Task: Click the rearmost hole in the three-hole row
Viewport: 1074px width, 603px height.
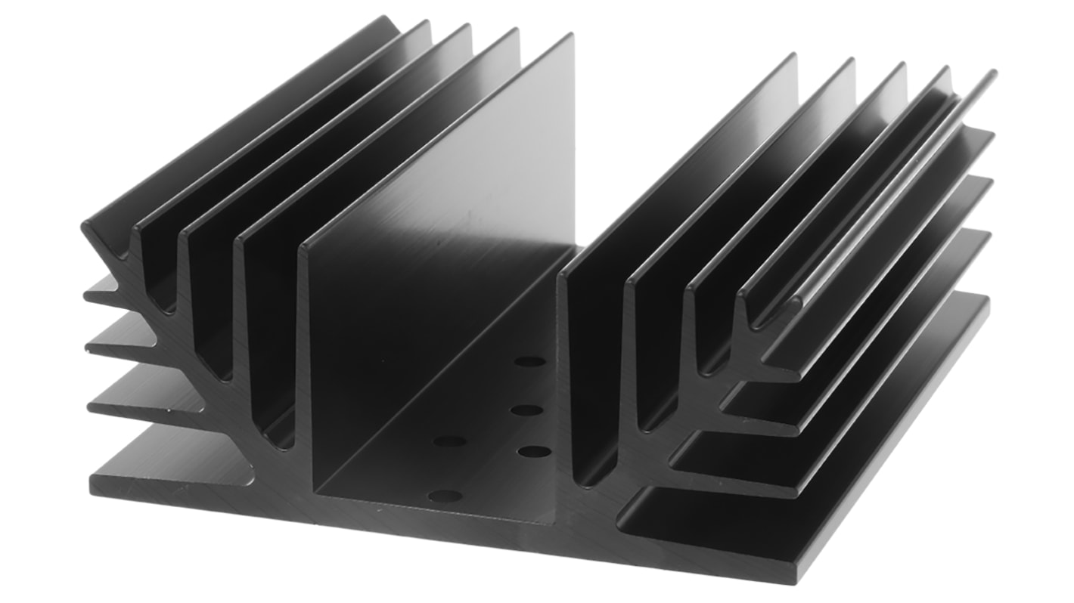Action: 529,361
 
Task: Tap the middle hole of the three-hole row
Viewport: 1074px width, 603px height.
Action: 527,410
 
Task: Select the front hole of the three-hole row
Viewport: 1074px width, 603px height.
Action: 535,452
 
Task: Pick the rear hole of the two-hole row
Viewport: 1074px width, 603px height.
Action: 449,441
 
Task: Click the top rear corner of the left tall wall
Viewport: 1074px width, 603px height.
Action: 571,36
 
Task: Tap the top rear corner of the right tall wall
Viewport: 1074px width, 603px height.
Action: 793,56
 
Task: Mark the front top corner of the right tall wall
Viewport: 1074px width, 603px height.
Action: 562,278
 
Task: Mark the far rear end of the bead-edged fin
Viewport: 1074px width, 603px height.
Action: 991,74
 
